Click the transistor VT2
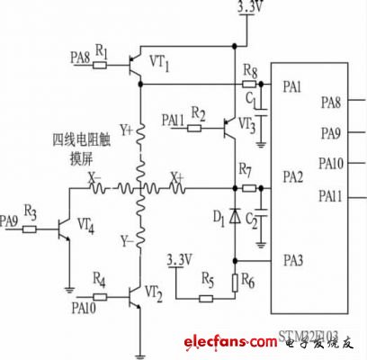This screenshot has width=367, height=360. [138, 295]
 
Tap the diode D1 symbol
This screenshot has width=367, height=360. [235, 216]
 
